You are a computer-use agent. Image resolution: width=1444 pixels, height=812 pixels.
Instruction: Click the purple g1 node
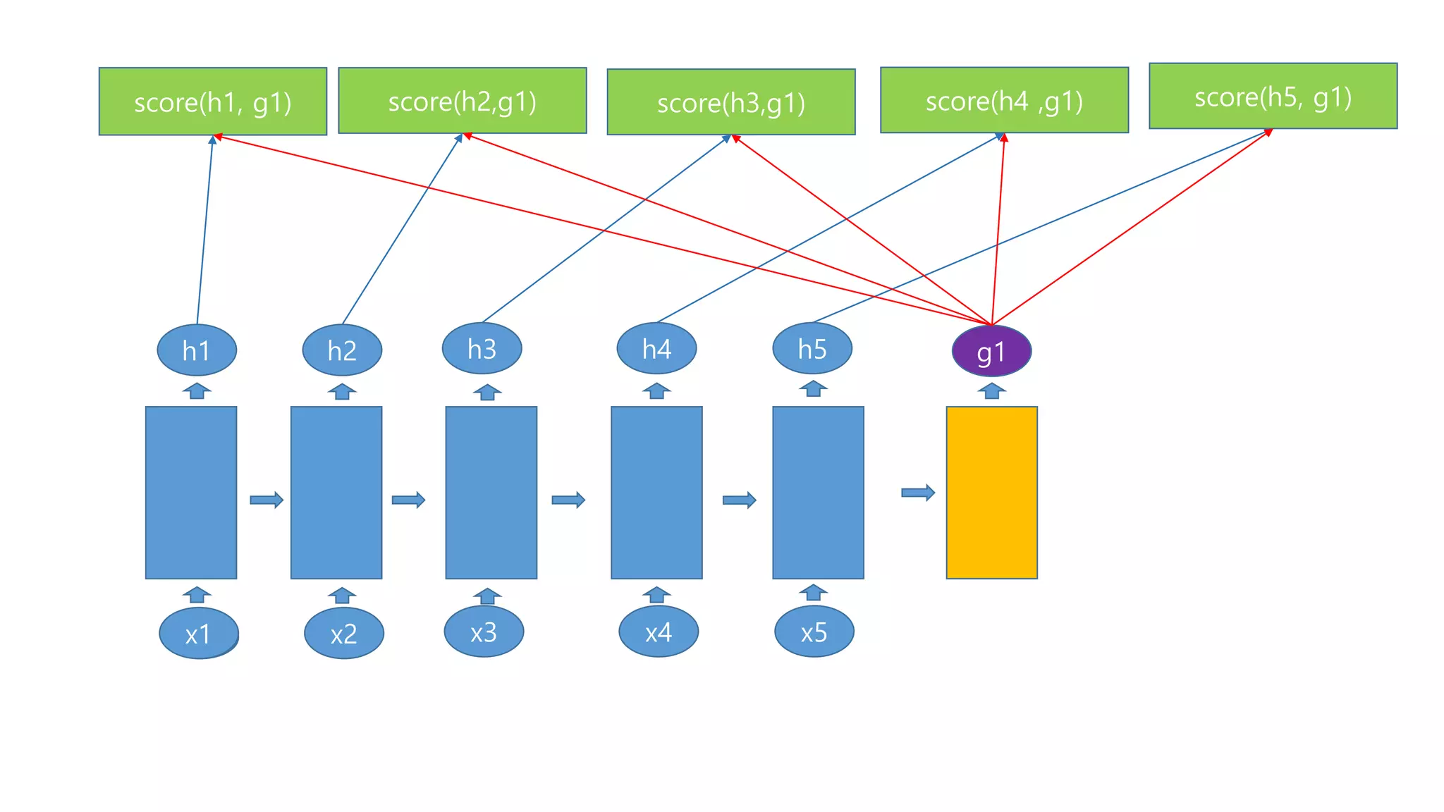(x=991, y=351)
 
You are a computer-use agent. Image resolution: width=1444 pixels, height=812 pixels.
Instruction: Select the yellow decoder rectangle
(x=991, y=492)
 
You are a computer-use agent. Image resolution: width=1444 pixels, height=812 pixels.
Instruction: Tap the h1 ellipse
(x=196, y=350)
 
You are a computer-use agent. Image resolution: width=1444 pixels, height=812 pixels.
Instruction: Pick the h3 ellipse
(x=482, y=348)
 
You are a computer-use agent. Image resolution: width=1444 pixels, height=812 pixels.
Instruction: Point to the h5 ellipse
(x=812, y=348)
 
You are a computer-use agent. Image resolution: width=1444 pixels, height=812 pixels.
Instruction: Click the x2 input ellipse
(x=343, y=633)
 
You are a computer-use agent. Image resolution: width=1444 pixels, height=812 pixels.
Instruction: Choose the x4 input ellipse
(x=658, y=632)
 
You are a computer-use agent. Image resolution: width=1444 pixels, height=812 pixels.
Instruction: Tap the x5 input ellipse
(x=814, y=632)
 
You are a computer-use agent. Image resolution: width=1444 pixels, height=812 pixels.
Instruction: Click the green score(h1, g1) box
(x=212, y=101)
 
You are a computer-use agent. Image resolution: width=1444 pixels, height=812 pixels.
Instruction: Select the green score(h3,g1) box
(x=730, y=102)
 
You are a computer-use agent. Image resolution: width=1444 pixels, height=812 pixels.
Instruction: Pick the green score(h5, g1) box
(x=1273, y=96)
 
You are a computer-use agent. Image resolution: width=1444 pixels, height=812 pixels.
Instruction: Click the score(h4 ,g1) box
(x=1004, y=100)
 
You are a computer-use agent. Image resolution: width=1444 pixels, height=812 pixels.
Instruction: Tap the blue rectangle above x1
(x=190, y=492)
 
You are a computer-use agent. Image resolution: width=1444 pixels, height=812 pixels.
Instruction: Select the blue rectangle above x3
(x=491, y=492)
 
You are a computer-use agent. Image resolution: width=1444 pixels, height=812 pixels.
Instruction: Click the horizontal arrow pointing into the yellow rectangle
(x=918, y=492)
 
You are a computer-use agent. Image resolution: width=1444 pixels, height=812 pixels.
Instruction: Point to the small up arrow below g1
(x=991, y=390)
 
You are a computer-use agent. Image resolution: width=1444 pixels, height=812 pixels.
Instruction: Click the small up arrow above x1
(x=197, y=595)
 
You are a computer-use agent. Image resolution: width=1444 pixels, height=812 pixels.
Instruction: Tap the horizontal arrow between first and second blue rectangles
(x=267, y=500)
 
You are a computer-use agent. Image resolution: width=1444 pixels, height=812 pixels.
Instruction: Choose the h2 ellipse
(x=342, y=350)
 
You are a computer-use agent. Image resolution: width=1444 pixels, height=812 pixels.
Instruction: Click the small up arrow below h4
(x=656, y=390)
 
